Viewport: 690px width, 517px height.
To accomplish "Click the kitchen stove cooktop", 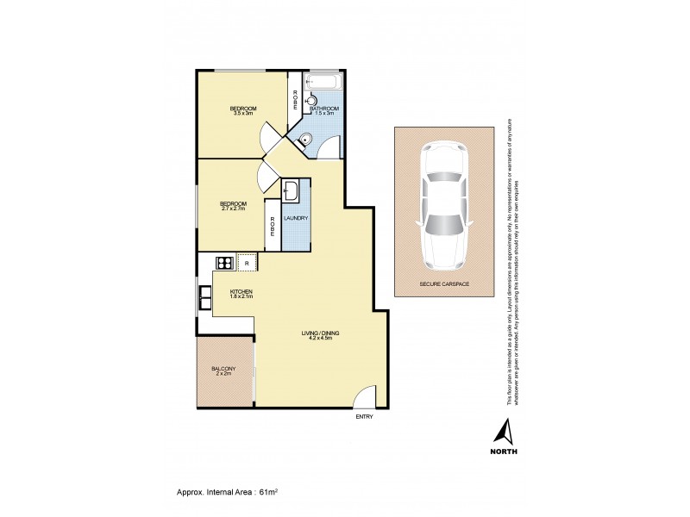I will coord(225,263).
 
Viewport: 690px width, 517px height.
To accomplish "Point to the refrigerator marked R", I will coord(247,263).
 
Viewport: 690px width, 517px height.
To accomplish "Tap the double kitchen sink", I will coord(205,297).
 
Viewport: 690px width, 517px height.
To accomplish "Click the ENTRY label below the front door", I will coord(364,417).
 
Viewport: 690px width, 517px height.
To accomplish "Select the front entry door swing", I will coord(367,398).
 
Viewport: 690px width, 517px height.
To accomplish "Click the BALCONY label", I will coord(223,369).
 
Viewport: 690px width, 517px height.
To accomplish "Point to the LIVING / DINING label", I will coord(317,333).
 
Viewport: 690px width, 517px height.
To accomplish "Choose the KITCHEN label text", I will coord(241,291).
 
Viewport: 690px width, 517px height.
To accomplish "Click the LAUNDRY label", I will coord(296,219).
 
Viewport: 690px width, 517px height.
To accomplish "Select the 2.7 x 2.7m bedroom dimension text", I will coord(234,209).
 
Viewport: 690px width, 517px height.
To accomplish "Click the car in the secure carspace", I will coord(444,204).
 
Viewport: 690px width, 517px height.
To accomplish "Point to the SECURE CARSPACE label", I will coord(444,283).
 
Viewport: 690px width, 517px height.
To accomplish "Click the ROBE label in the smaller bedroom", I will coord(273,226).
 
